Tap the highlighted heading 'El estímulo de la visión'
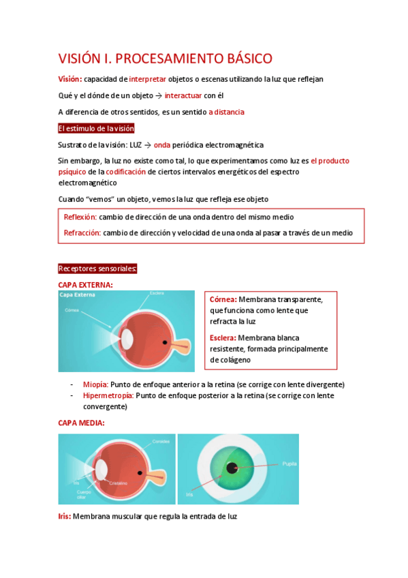click(x=96, y=128)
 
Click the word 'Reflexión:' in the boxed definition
click(x=80, y=217)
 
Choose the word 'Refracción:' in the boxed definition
click(x=82, y=232)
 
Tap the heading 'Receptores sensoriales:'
click(x=98, y=269)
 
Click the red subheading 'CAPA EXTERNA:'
click(x=86, y=284)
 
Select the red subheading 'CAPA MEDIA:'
click(x=81, y=423)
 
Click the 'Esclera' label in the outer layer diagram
click(x=157, y=294)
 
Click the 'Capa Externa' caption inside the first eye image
click(x=78, y=295)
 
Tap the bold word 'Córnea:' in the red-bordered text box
click(x=223, y=299)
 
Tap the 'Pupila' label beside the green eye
click(x=289, y=463)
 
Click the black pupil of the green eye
click(x=233, y=468)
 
